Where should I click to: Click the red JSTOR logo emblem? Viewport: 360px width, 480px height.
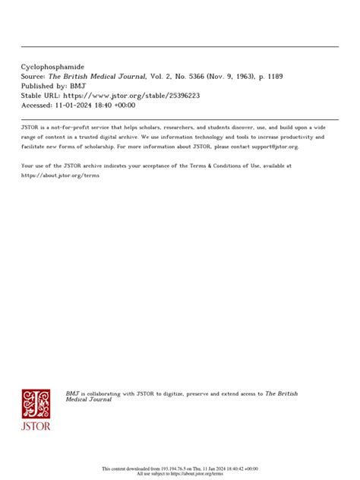coord(36,404)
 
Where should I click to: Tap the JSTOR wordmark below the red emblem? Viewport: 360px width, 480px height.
coord(36,426)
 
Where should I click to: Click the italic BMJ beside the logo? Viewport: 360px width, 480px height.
coord(72,393)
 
